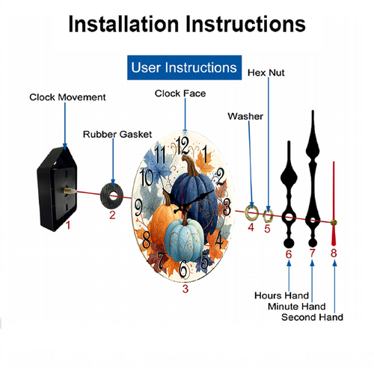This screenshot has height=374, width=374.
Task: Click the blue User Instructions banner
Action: coord(184,67)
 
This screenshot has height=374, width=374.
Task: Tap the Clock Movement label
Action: coord(67,97)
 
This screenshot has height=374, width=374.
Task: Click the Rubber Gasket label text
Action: coord(117,135)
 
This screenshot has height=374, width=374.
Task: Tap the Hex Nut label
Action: coord(266,73)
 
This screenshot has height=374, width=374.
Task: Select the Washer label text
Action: coord(245,117)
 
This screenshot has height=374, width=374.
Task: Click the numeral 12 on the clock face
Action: coord(183,146)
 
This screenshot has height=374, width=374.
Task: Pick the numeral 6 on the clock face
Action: coord(183,269)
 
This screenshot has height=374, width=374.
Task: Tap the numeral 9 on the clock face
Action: coord(138,207)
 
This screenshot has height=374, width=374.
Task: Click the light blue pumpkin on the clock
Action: coord(184,240)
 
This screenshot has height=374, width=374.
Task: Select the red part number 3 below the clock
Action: coord(185,289)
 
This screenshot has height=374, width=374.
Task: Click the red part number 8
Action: coord(334,253)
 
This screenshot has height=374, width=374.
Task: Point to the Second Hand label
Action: coord(312,317)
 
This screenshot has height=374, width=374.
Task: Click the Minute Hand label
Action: coord(297,307)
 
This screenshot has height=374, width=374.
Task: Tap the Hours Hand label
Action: coord(282,295)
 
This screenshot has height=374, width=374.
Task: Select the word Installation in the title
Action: coord(124,24)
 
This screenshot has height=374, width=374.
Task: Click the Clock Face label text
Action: coord(180,93)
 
